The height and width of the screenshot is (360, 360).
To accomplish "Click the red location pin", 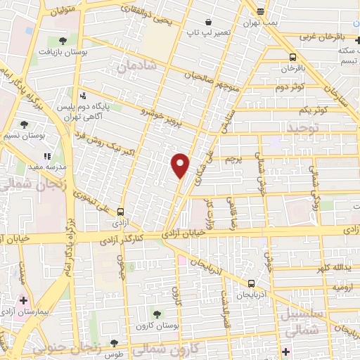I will coord(181,165).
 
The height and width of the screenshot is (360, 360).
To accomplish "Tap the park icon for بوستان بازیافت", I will coord(63,41).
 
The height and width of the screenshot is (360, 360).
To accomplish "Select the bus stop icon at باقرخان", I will coord(292,58).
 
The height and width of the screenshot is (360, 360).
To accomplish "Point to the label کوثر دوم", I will coord(290,87).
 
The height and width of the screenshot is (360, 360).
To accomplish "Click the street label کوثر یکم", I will coord(314,111).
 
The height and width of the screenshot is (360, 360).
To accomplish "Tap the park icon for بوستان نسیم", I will coord(25,124).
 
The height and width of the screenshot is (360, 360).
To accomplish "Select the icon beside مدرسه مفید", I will coord(47,156).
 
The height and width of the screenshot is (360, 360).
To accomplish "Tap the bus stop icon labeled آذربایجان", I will coord(251,283).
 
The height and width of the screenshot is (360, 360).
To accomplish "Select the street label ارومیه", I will coord(342,288).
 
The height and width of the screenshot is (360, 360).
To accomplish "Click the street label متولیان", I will coord(61,11).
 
